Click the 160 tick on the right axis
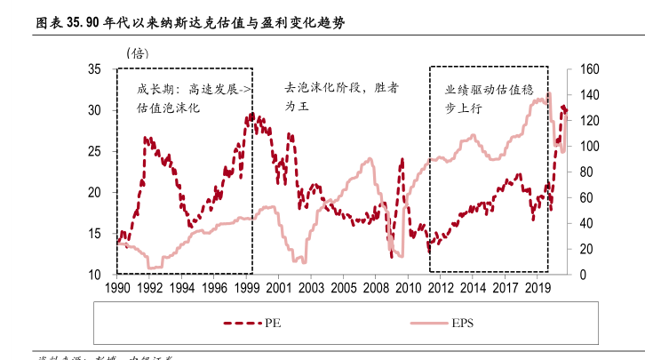(590, 69)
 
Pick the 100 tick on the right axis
(590, 147)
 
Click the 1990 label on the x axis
(117, 289)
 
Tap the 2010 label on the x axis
(408, 289)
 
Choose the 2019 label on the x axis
(537, 289)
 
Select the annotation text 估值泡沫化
(168, 108)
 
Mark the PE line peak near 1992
(147, 138)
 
